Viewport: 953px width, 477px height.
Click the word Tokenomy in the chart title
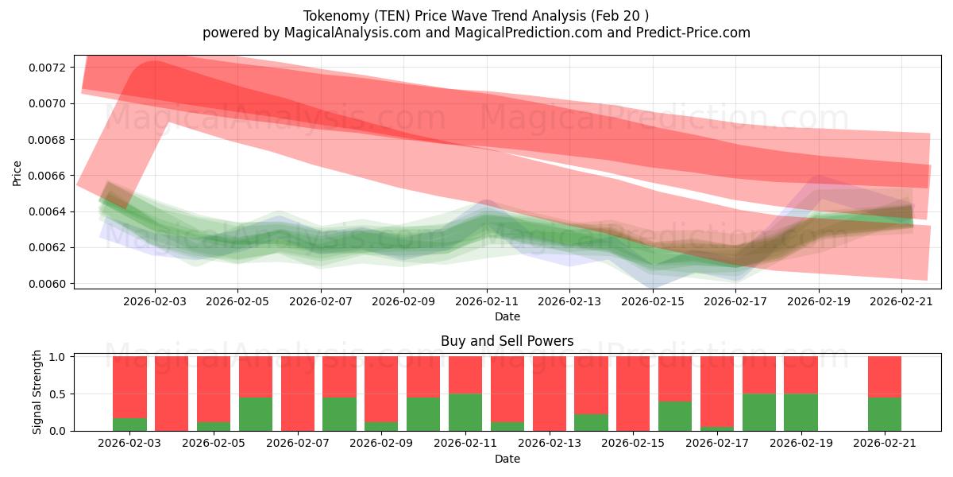click(332, 16)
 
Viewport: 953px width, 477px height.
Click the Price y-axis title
click(17, 173)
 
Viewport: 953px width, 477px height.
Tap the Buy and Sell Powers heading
click(507, 341)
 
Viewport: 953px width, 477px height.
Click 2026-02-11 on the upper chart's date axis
click(487, 301)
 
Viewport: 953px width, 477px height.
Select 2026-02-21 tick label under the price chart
click(901, 301)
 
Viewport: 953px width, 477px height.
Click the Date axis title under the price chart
click(507, 316)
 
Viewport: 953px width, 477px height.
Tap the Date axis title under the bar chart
click(507, 459)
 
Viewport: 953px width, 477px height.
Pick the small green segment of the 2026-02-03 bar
click(129, 424)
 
